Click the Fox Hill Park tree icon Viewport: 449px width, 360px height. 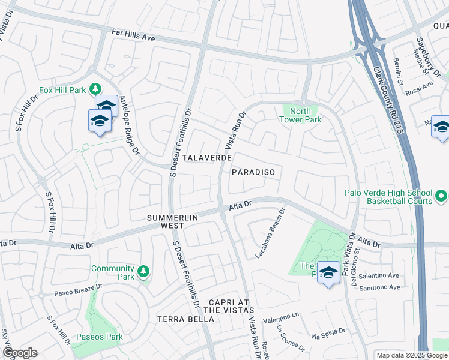(95, 89)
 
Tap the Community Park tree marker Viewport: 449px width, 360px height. (143, 272)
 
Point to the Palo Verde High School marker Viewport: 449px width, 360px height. (441, 196)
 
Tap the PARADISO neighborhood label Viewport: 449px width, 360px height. (253, 172)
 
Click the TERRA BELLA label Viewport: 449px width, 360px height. (185, 319)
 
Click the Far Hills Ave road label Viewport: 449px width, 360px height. (133, 35)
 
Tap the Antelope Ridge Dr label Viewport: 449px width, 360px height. (129, 125)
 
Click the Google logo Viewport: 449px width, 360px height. (20, 353)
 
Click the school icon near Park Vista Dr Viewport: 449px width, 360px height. (328, 273)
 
